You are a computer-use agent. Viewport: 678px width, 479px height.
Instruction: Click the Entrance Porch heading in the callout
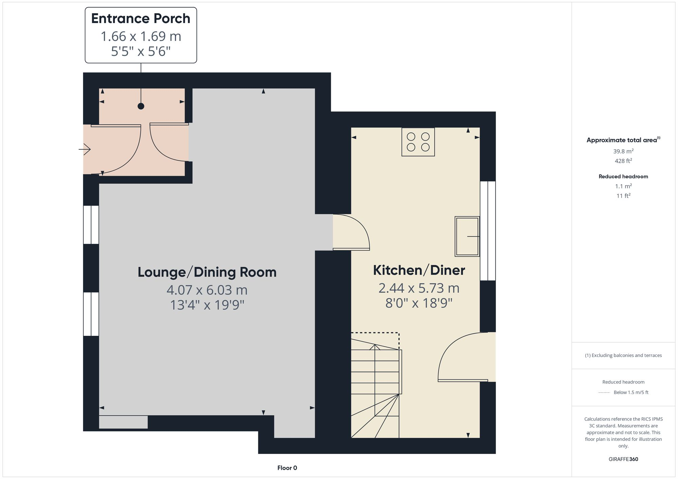141,19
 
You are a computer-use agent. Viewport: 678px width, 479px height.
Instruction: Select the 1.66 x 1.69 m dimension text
141,37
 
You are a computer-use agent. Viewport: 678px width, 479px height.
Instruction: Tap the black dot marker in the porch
141,106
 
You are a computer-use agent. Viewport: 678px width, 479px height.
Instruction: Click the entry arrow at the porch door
85,149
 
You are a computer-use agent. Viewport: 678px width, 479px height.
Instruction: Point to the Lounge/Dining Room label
207,272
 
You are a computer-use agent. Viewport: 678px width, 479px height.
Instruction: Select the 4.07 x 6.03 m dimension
207,290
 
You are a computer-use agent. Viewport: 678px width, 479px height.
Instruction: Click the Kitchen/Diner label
419,270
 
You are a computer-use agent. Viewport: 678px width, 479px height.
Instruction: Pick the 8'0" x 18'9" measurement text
419,303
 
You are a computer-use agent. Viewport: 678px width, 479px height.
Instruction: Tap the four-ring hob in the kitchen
418,142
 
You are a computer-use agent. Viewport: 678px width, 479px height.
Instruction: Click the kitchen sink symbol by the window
467,236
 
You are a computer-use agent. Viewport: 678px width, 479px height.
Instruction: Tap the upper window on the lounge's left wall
91,225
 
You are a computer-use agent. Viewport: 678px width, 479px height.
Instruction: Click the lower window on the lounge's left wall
91,314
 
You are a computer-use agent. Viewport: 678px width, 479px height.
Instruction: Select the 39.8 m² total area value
623,151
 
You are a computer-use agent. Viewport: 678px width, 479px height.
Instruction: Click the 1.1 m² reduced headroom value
623,186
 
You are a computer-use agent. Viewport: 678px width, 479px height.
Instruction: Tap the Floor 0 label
287,468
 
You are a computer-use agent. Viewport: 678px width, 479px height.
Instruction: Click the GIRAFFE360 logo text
623,459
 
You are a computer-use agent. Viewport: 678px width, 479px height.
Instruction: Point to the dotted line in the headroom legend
604,393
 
